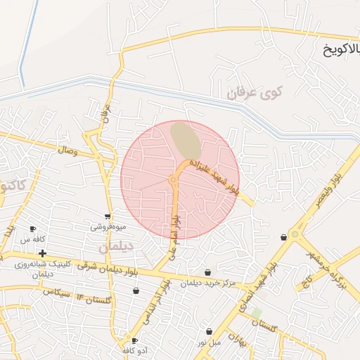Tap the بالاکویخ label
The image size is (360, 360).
340,50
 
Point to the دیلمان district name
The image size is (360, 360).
116,247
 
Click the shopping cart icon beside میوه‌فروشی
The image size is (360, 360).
108,217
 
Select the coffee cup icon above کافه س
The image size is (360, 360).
32,229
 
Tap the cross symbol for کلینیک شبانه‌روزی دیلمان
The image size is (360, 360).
42,253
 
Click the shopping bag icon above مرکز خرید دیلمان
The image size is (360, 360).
207,272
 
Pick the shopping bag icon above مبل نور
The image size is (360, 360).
209,331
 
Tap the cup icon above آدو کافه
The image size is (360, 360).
134,340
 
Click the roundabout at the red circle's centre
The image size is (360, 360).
173,181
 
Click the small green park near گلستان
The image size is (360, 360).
256,312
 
